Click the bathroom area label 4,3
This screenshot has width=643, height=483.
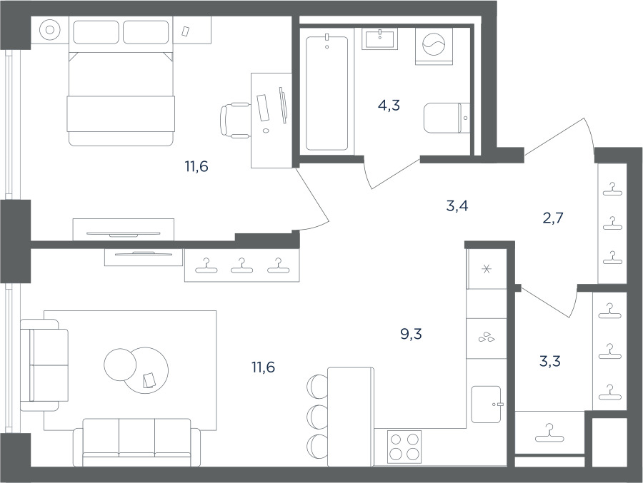click(x=389, y=106)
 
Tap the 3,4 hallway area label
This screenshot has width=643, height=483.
click(x=457, y=206)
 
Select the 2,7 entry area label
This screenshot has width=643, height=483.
click(x=553, y=218)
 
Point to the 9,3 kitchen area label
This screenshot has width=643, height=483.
click(x=411, y=335)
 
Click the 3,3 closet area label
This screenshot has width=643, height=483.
click(x=550, y=361)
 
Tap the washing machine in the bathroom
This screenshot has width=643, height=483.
click(x=434, y=46)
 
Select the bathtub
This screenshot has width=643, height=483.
click(x=327, y=93)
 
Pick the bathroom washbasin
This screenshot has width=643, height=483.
click(x=380, y=39)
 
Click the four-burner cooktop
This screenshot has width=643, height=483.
click(x=404, y=447)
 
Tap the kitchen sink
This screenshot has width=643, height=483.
click(x=487, y=405)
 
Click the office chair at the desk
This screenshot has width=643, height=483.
click(x=235, y=121)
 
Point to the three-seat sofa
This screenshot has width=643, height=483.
click(x=136, y=442)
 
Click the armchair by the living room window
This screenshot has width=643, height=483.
click(x=44, y=365)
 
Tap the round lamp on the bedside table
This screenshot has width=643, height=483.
click(x=50, y=30)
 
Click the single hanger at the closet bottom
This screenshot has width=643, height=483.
click(x=549, y=434)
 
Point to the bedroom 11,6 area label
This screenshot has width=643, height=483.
click(x=196, y=167)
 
